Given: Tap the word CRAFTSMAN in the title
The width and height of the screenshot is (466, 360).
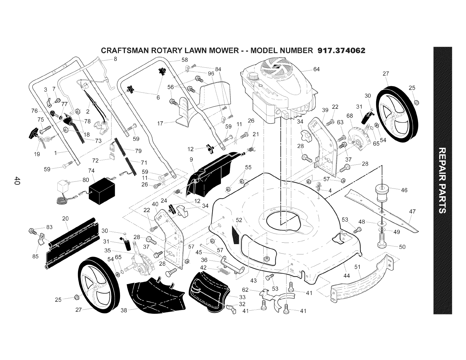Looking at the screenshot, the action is [x=125, y=51].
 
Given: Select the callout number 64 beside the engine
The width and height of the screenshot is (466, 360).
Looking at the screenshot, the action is [x=316, y=69].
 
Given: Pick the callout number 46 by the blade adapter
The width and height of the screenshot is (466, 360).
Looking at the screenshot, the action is [x=404, y=190].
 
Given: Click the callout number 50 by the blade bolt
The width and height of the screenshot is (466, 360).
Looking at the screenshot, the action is [x=402, y=247].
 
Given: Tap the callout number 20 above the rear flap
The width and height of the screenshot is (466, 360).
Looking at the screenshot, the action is [x=65, y=219].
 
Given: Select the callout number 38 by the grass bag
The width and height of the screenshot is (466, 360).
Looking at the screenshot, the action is [x=124, y=310].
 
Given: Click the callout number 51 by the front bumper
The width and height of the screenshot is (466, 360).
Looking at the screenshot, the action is [x=357, y=267].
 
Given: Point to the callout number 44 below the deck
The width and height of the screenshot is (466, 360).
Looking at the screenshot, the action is [x=347, y=276].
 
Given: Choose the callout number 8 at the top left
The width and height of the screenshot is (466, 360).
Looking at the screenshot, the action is [x=115, y=59].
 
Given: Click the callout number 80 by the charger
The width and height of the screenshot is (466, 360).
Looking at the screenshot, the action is [x=86, y=180].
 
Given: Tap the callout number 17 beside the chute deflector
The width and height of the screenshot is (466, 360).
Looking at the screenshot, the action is [x=160, y=124].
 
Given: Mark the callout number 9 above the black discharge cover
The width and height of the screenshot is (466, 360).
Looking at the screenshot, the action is [x=191, y=160].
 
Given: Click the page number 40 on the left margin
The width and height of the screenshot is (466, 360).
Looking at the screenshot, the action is [x=17, y=181].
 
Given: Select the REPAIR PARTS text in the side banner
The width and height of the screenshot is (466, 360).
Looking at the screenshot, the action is [x=442, y=181].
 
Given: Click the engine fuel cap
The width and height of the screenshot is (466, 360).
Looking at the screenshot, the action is [x=253, y=76].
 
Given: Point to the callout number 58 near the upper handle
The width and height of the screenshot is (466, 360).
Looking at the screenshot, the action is [x=185, y=60].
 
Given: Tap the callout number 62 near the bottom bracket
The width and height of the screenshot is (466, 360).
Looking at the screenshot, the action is [x=245, y=290].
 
